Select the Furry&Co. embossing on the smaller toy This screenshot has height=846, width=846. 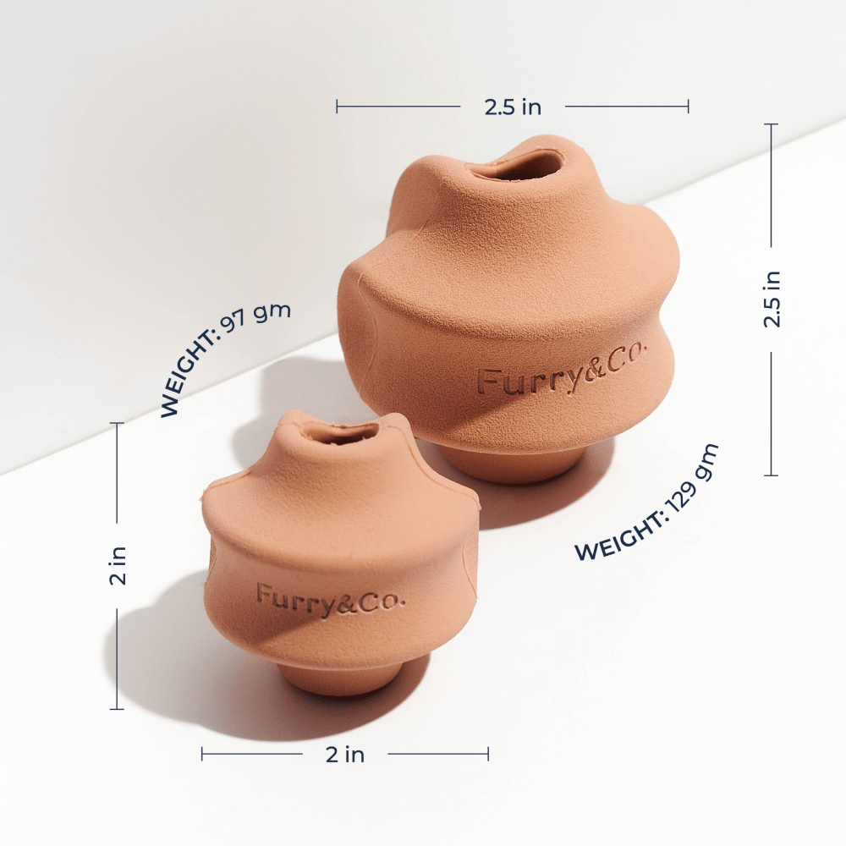pos(330,598)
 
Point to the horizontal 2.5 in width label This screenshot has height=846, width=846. pos(513,107)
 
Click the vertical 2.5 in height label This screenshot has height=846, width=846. pos(772,299)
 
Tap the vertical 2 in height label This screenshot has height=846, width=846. pos(117,565)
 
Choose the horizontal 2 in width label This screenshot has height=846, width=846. pos(345,755)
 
